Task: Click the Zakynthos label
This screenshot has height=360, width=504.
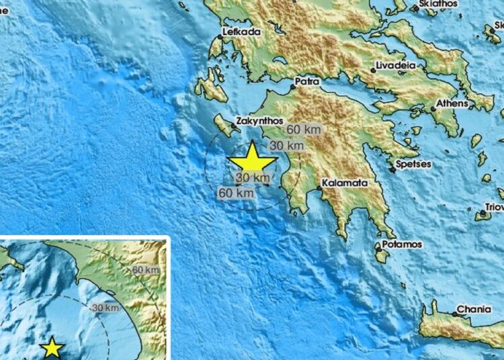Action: tap(256, 124)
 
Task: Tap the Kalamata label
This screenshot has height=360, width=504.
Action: tap(343, 182)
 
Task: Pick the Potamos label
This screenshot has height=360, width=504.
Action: tap(402, 244)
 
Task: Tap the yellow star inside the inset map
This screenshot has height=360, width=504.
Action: tap(52, 348)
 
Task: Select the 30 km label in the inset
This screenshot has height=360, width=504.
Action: tap(105, 308)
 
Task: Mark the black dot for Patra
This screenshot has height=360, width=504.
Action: tap(292, 86)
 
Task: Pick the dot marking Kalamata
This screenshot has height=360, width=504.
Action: tap(321, 187)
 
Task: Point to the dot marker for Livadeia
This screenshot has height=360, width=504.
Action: tap(373, 70)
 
